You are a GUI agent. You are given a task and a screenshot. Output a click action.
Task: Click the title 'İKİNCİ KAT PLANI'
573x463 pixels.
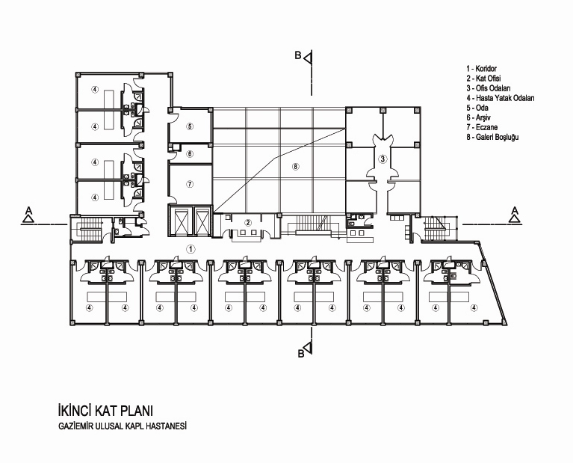click(105, 411)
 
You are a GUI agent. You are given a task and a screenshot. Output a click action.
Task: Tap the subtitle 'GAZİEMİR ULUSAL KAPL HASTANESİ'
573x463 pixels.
click(123, 426)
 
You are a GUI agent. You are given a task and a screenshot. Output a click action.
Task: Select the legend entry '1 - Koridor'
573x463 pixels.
click(481, 69)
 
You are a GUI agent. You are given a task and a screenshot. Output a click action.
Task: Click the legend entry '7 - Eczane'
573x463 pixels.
click(482, 127)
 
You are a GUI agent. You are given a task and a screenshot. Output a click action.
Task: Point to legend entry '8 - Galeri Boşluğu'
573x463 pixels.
click(492, 137)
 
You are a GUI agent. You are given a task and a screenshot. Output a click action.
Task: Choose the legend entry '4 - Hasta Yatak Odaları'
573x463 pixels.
click(501, 98)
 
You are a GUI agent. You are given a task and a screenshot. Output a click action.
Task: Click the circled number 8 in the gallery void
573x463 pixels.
click(296, 167)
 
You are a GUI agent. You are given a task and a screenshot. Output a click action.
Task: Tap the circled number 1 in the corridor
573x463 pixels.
click(191, 249)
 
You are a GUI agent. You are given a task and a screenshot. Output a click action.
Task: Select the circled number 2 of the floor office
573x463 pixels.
click(248, 222)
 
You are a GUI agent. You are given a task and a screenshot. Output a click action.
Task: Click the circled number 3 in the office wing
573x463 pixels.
click(382, 159)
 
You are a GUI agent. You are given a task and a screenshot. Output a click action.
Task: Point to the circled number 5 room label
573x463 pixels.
click(190, 126)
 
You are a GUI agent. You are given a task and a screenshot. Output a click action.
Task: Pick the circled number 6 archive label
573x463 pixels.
click(190, 154)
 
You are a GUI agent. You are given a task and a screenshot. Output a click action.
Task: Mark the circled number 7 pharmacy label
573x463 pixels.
click(190, 184)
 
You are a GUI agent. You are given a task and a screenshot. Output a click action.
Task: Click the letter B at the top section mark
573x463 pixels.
click(298, 55)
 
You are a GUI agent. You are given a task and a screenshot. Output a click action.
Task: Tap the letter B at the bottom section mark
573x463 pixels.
click(301, 354)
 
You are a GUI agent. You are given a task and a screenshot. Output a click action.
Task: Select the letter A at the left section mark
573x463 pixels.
click(28, 210)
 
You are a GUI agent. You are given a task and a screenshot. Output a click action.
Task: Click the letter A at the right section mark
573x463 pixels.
click(515, 210)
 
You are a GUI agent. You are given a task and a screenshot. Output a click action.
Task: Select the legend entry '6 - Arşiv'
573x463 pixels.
click(478, 117)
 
